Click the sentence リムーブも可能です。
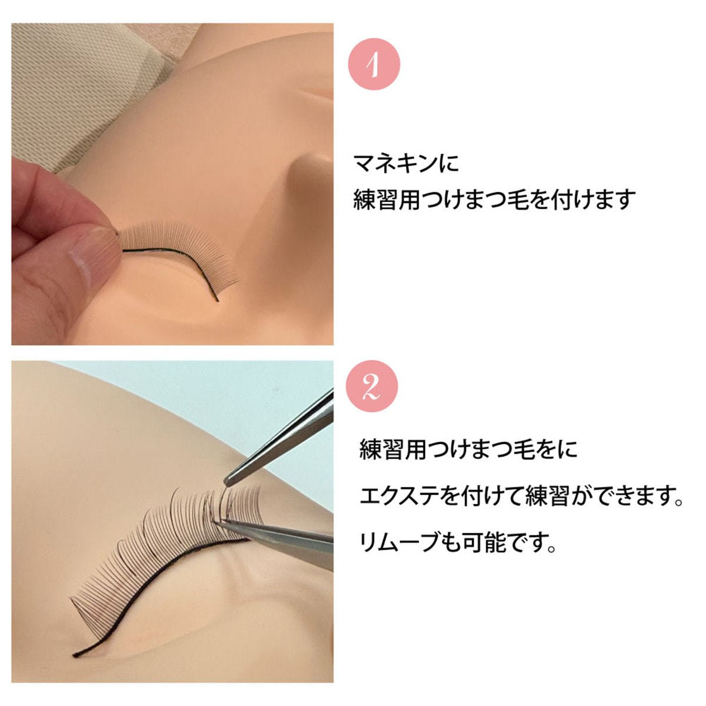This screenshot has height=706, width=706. tap(458, 542)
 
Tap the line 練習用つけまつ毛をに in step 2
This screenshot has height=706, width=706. tap(468, 449)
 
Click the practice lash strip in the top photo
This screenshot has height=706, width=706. tap(182, 247)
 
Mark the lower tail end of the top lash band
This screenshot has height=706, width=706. tap(218, 301)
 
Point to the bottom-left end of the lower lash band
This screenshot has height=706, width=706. tap(75, 654)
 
